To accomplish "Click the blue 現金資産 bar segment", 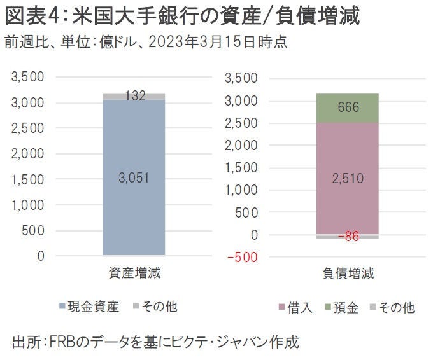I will (x=134, y=210).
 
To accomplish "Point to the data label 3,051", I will (x=134, y=179).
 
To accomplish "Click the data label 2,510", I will (x=348, y=179).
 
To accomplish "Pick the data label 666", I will (x=348, y=107).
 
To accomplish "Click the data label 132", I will (x=134, y=96).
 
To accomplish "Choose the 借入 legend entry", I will (x=299, y=308).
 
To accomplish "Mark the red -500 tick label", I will (x=246, y=258).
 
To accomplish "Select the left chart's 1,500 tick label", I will (x=27, y=179).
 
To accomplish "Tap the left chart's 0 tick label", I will (x=40, y=256).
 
